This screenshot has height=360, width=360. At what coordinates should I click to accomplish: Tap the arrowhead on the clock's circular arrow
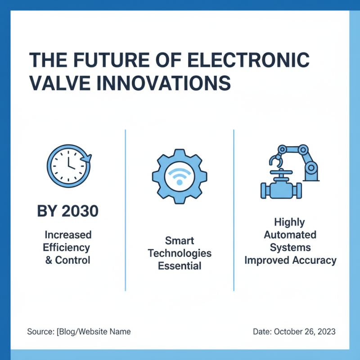tap(87, 158)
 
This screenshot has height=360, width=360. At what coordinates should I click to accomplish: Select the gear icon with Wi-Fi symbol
tap(179, 176)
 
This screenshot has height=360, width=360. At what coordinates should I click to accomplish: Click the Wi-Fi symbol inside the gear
tap(179, 177)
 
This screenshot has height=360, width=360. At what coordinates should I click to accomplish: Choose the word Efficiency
tap(67, 247)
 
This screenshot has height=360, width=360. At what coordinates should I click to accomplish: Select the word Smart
tap(180, 240)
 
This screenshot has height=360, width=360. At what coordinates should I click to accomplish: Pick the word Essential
tap(180, 265)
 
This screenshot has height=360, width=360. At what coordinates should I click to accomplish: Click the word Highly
tap(289, 222)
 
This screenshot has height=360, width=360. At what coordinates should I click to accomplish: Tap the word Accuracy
tap(315, 260)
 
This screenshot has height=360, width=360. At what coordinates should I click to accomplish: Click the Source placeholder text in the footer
tap(79, 332)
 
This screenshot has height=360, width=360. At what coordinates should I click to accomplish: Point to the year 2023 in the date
tap(325, 332)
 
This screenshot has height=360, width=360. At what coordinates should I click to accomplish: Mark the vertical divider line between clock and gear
tap(125, 209)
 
